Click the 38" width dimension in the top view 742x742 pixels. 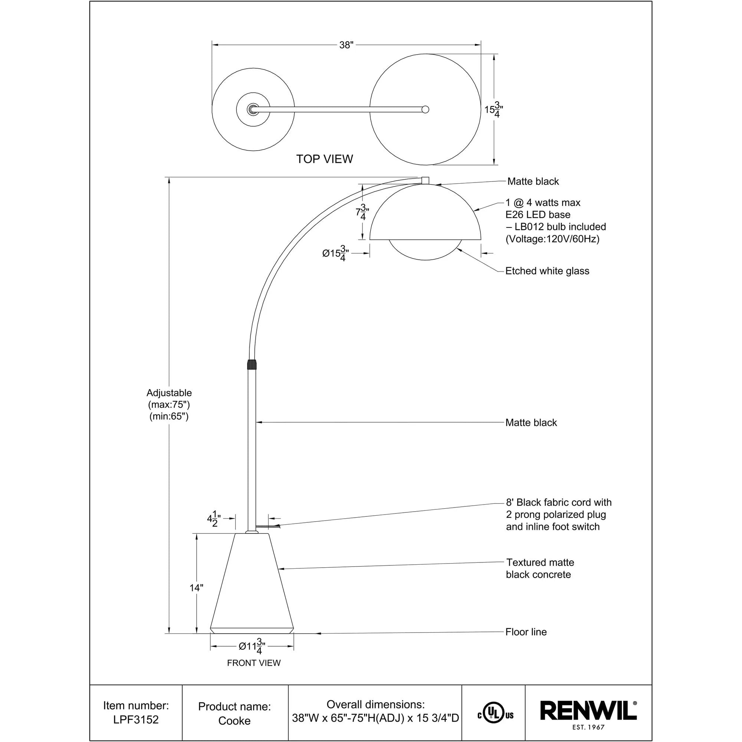coord(346,45)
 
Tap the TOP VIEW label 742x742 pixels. coord(324,159)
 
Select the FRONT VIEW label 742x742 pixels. coord(253,663)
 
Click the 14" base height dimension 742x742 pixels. coord(196,588)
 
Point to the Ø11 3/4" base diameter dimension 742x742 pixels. coord(252,646)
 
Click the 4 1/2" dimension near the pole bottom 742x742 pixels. coord(214,519)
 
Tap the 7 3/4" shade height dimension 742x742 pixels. coord(362,212)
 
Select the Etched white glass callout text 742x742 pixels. coord(547,271)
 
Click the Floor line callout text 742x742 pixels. coord(526,632)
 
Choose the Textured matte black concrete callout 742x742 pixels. coord(539,568)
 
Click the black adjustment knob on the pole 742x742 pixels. coord(252,364)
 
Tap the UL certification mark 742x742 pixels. coord(495,715)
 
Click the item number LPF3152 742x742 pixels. coord(135,719)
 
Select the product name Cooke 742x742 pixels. coord(234,720)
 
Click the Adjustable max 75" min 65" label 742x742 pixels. coord(169,404)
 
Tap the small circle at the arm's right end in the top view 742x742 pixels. coord(425,109)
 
